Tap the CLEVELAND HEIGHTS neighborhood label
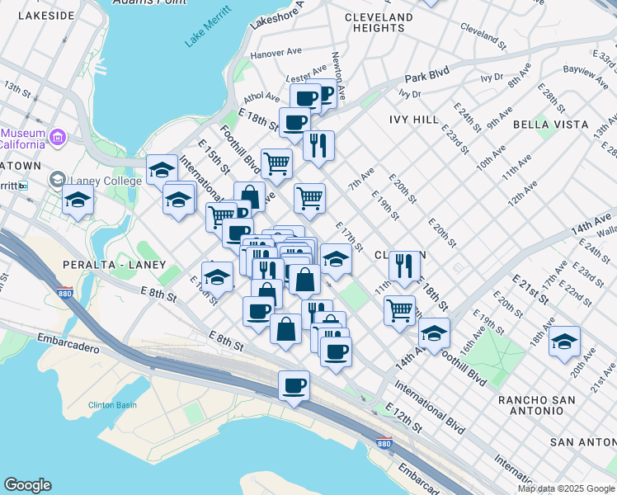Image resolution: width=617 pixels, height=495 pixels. pyautogui.click(x=379, y=22)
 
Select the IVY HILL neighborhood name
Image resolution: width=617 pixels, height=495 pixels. pyautogui.click(x=414, y=120)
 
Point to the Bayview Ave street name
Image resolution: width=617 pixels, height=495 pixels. pyautogui.click(x=586, y=73)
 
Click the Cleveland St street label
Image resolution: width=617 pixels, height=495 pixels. pyautogui.click(x=483, y=33)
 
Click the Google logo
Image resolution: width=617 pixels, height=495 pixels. pyautogui.click(x=27, y=485)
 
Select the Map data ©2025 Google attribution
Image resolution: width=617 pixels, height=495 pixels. pyautogui.click(x=566, y=488)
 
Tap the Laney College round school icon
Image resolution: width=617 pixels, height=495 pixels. pyautogui.click(x=57, y=179)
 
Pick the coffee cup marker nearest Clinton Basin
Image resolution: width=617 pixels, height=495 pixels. pyautogui.click(x=294, y=386)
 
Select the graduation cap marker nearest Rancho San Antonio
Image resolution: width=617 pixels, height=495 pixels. pyautogui.click(x=564, y=341)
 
